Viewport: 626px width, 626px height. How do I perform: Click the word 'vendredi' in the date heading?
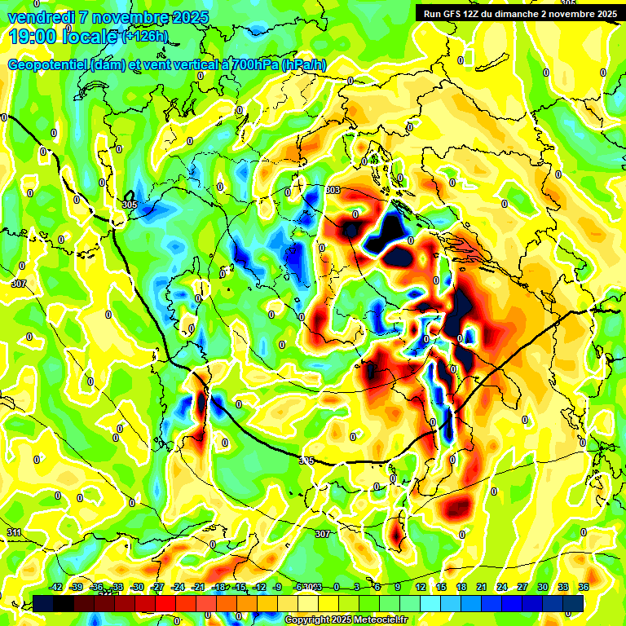pyautogui.click(x=37, y=17)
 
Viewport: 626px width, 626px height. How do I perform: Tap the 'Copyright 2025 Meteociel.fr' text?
pyautogui.click(x=346, y=619)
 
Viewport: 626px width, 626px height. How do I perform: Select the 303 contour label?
pyautogui.click(x=332, y=190)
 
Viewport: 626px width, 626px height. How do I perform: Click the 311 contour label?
pyautogui.click(x=13, y=532)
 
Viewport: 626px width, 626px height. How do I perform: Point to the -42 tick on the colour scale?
pyautogui.click(x=56, y=587)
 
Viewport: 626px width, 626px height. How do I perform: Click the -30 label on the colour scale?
pyautogui.click(x=138, y=587)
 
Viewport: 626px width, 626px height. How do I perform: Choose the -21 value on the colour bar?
pyautogui.click(x=198, y=587)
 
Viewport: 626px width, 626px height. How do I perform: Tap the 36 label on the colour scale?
pyautogui.click(x=584, y=587)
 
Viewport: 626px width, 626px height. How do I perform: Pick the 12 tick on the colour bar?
pyautogui.click(x=421, y=587)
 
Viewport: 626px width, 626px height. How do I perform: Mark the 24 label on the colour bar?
pyautogui.click(x=502, y=587)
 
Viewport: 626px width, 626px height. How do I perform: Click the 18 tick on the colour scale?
pyautogui.click(x=461, y=587)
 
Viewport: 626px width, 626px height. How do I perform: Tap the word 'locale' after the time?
pyautogui.click(x=92, y=36)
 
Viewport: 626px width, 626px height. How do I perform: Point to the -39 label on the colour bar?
pyautogui.click(x=77, y=587)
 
